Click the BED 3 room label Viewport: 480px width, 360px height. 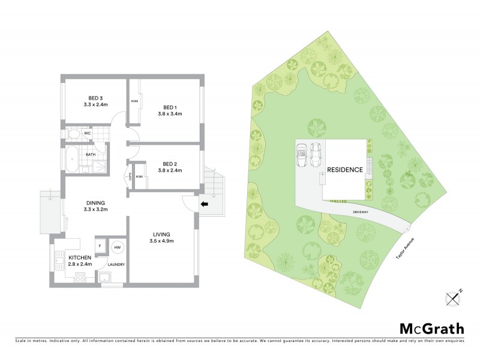tap(96, 98)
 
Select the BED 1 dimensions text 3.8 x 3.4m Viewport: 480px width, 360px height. tap(170, 114)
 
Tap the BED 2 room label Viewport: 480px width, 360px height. tap(170, 163)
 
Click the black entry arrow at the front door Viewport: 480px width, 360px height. tap(204, 204)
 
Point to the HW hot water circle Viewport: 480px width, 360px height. tap(118, 247)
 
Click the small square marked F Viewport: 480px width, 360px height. tap(98, 247)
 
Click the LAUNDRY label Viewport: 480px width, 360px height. tap(116, 264)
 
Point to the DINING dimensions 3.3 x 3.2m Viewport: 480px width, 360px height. tap(96, 210)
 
